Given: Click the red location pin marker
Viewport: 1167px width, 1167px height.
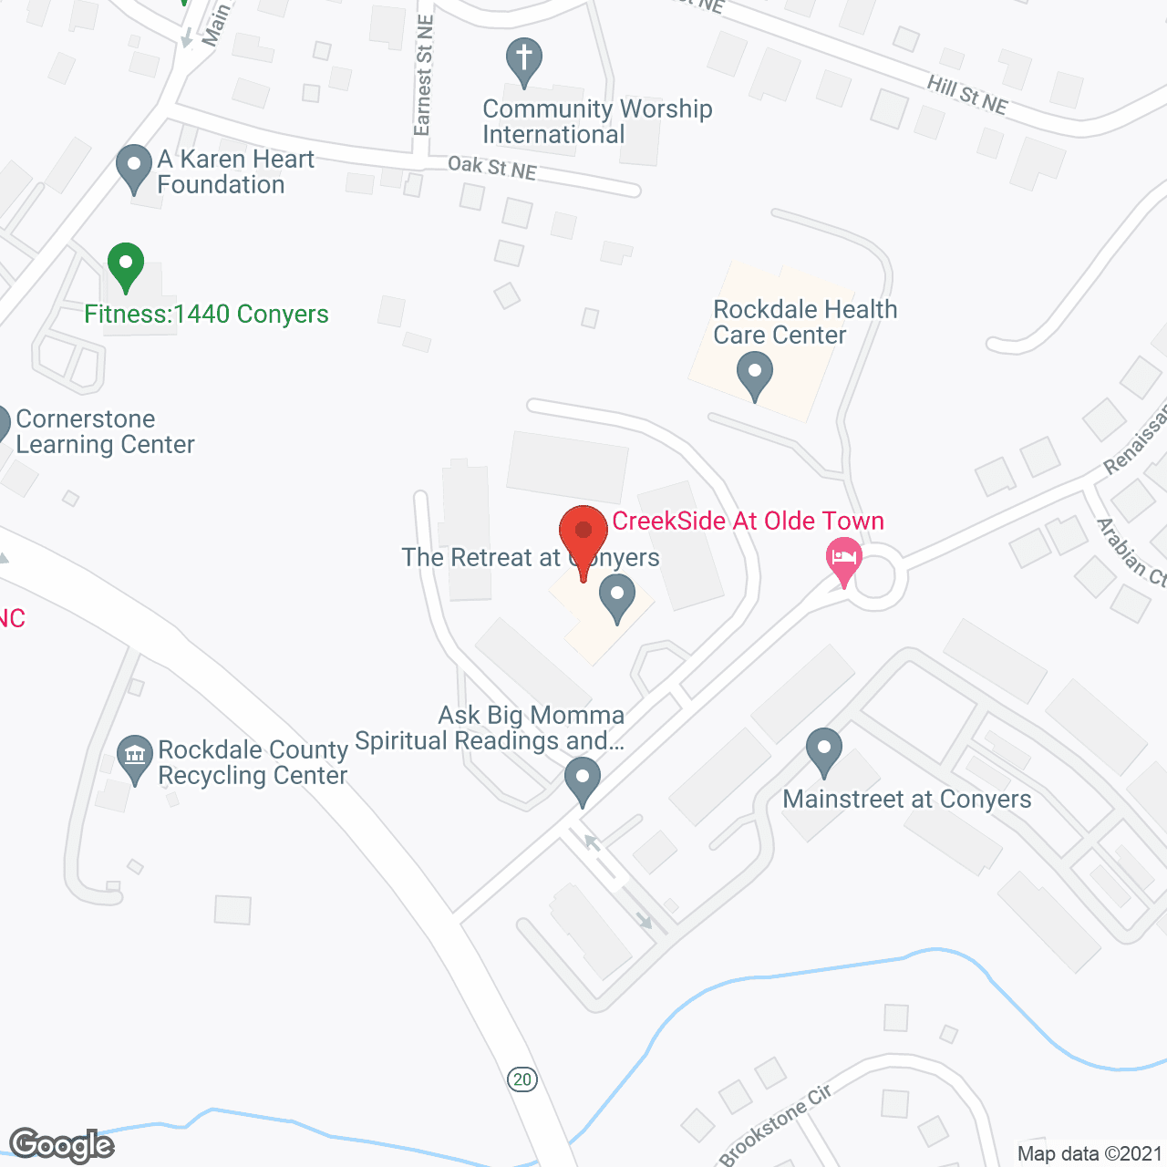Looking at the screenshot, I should [x=583, y=534].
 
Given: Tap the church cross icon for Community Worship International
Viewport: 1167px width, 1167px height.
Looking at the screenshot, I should [x=524, y=60].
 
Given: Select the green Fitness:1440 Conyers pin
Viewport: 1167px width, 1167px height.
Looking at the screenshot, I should [x=126, y=265].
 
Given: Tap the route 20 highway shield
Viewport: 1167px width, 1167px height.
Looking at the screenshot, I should [x=522, y=1079].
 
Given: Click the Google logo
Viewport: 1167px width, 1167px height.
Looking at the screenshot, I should [x=62, y=1145].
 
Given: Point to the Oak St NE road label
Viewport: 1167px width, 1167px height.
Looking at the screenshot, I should [x=491, y=168].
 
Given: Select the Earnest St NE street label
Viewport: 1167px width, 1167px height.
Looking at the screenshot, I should [x=423, y=76].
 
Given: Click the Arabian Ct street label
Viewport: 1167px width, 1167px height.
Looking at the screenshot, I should [x=1131, y=552].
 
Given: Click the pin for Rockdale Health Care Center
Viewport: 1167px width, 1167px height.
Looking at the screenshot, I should [x=755, y=375].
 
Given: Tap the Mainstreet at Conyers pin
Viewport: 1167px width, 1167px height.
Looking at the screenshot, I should [x=824, y=751].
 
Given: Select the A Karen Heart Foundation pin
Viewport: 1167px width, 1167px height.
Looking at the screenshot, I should [x=134, y=168].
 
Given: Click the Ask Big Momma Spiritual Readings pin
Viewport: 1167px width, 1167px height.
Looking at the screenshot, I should [x=583, y=780].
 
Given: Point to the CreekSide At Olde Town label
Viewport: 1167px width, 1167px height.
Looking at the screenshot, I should [x=748, y=521].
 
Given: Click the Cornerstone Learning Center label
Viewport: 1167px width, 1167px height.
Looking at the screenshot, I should [x=105, y=431].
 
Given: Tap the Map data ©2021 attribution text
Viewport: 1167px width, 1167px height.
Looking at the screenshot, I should [x=1090, y=1153].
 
